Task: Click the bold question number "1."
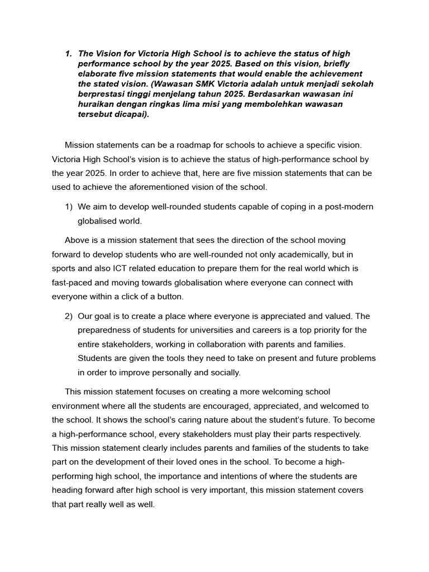point(69,54)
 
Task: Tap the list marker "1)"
point(69,207)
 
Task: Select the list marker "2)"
point(69,316)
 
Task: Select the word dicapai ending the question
point(131,114)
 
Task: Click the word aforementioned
point(168,188)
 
